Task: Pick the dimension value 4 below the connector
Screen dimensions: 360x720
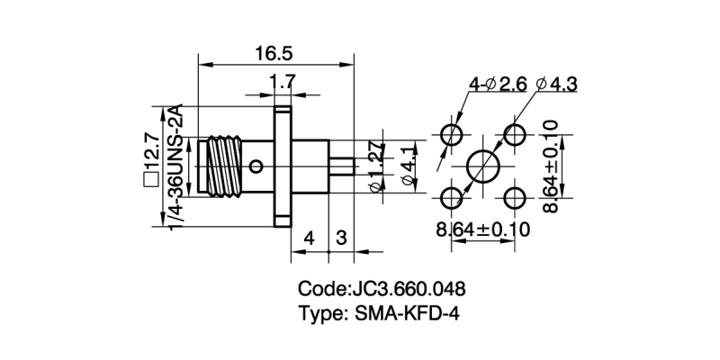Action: pos(309,238)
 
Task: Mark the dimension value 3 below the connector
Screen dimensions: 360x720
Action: pos(341,238)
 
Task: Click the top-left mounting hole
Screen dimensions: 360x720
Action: pos(453,135)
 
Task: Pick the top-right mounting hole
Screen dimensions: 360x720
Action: pos(515,135)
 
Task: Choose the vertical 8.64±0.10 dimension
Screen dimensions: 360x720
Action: pos(549,166)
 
